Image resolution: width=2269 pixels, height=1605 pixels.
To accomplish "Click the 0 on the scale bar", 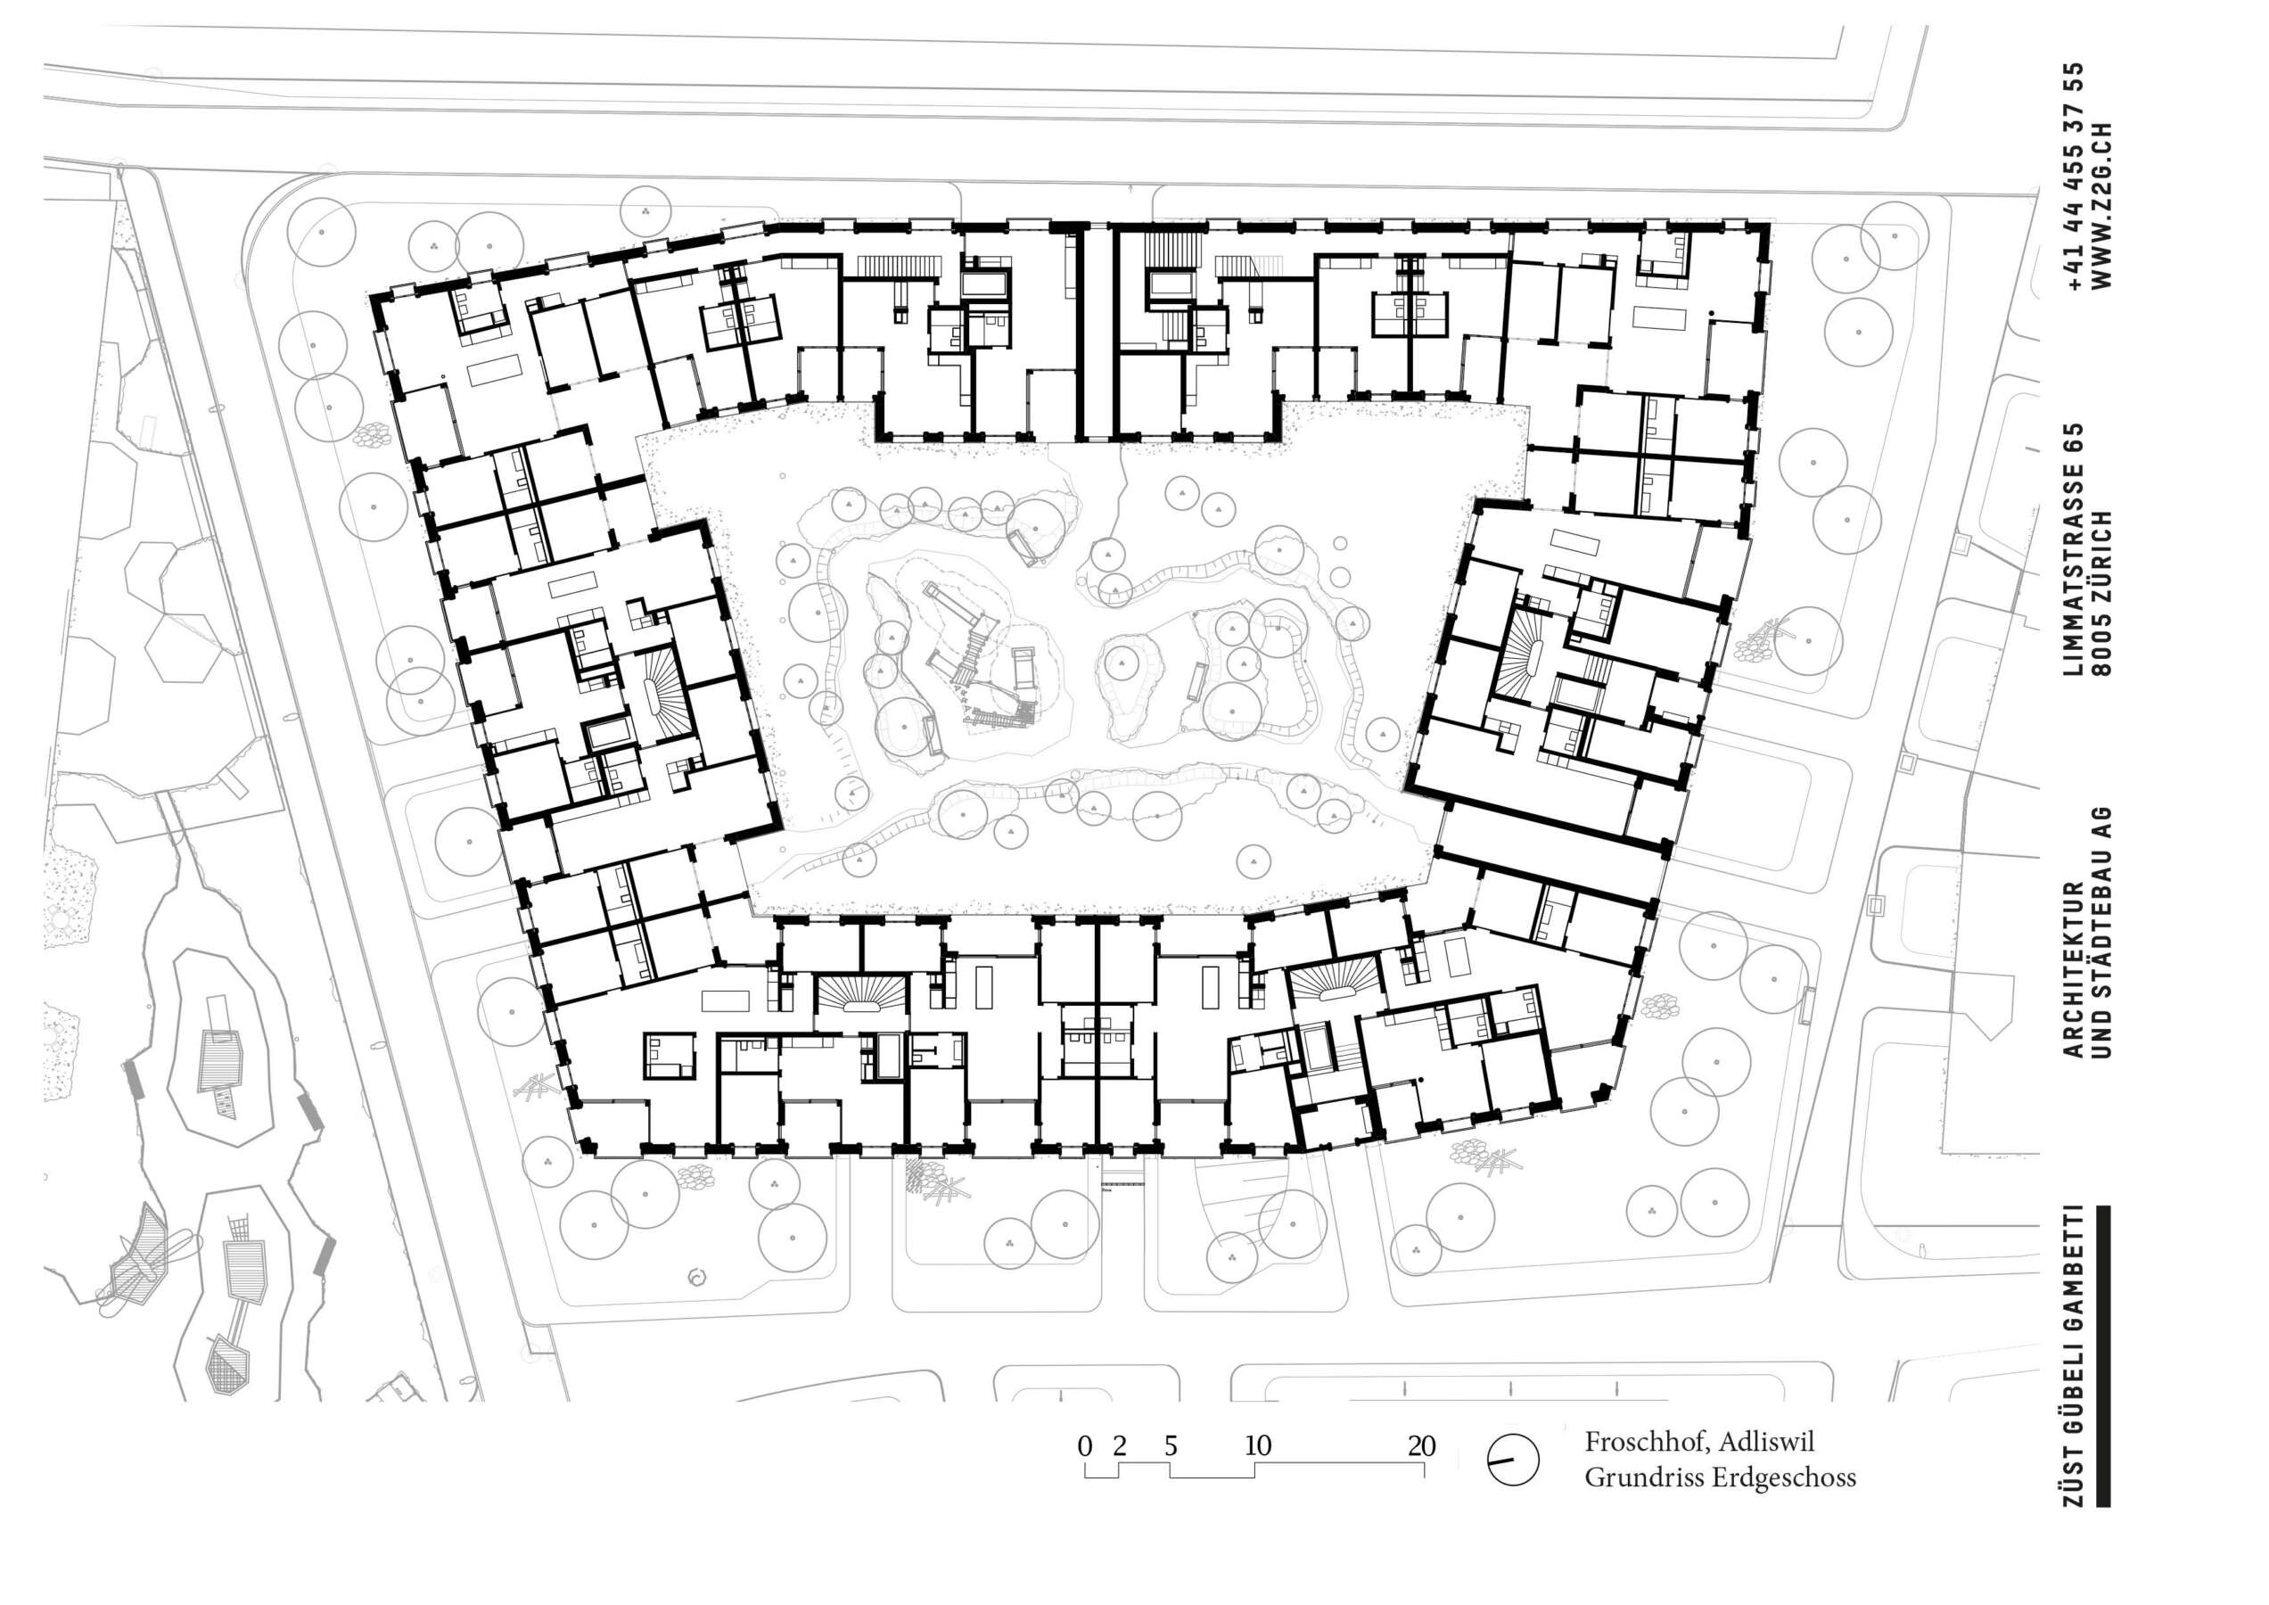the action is (1085, 1446).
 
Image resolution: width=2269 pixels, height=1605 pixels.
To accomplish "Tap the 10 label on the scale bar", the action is (1257, 1446).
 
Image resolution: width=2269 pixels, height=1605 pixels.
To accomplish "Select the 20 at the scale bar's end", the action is (1421, 1446).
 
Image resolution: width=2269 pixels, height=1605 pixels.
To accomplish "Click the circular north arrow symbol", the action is (1513, 1460).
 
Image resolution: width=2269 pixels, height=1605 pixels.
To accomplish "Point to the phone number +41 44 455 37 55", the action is (2074, 176).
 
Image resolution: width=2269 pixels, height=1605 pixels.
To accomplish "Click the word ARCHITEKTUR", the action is (2074, 968).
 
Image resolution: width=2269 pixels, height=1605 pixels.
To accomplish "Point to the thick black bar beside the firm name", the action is (2103, 1355).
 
